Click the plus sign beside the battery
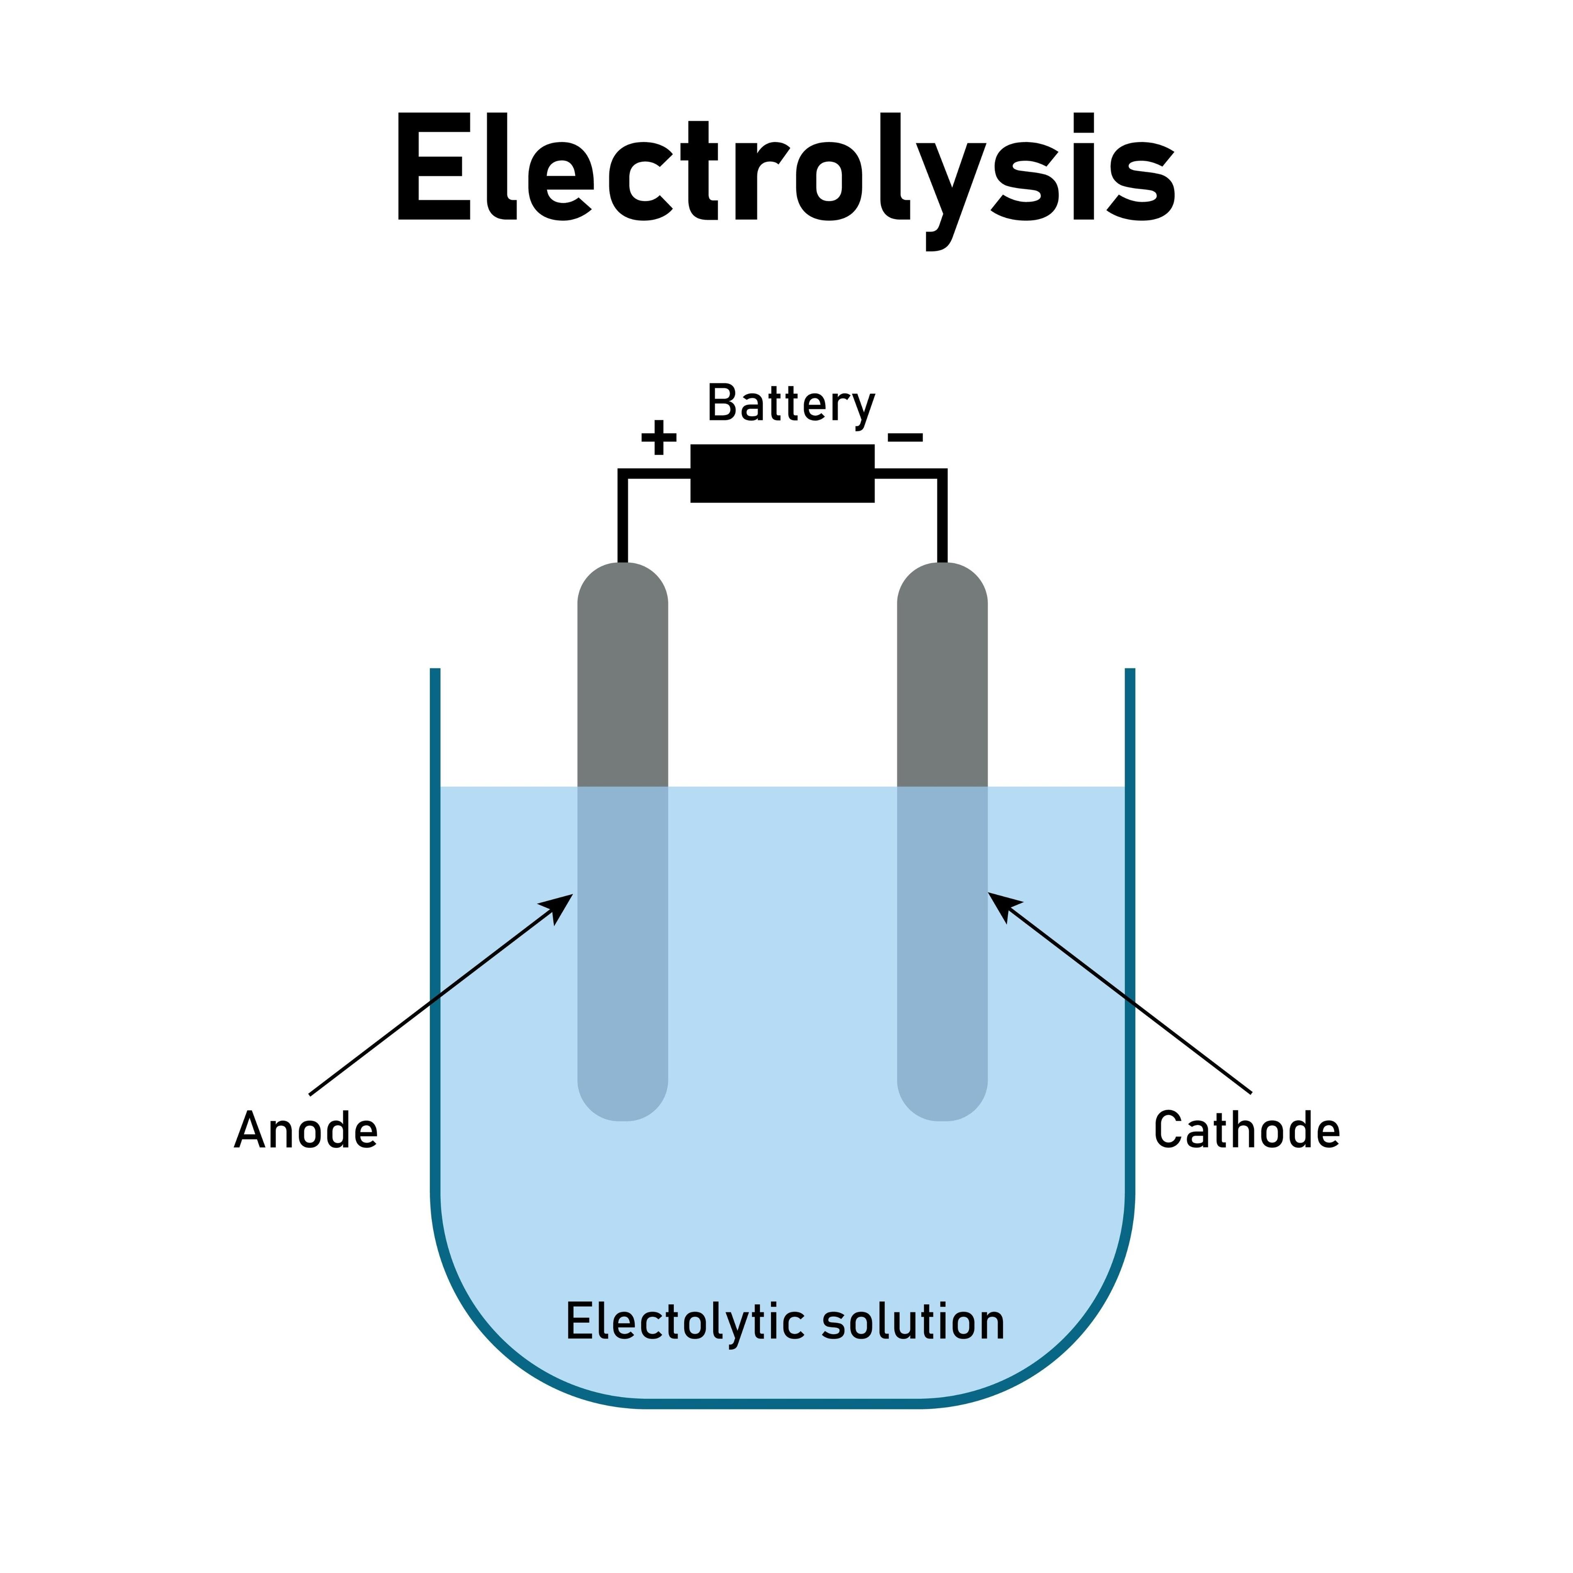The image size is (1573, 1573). click(659, 438)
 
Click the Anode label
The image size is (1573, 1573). click(306, 1131)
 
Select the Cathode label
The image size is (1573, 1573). click(1247, 1131)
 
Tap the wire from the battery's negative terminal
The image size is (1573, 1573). click(942, 513)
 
